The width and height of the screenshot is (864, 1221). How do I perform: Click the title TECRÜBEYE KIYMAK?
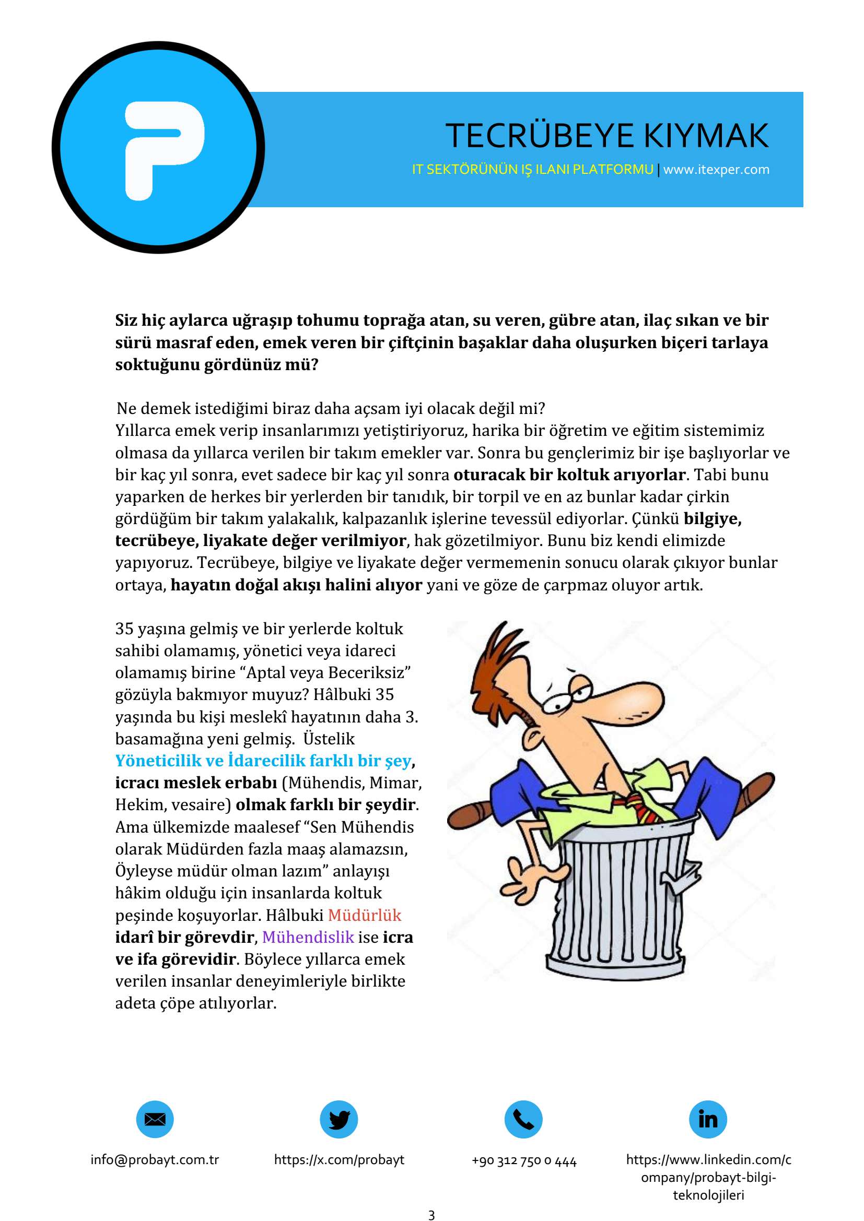[x=606, y=136]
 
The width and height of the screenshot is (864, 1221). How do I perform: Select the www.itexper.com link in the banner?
[x=716, y=170]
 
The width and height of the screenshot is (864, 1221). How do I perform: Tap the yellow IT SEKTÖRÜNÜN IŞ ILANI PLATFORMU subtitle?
[x=532, y=170]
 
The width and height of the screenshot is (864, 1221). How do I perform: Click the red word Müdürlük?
[x=365, y=915]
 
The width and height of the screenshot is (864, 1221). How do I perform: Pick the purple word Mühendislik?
[x=308, y=937]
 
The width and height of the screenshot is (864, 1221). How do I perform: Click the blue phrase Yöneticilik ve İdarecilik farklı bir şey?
[x=264, y=761]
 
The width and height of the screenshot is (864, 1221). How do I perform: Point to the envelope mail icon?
[x=155, y=1119]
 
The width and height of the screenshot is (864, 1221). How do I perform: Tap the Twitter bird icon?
[x=339, y=1119]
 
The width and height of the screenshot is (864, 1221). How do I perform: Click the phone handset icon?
[x=523, y=1119]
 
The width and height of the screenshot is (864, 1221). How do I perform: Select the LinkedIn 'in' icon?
[x=708, y=1119]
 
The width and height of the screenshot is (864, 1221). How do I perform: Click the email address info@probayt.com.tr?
[x=155, y=1159]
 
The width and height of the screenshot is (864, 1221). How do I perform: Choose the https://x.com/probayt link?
[x=339, y=1159]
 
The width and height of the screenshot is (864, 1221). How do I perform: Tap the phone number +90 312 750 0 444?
[x=524, y=1160]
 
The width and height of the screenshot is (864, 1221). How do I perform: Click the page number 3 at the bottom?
[x=431, y=1215]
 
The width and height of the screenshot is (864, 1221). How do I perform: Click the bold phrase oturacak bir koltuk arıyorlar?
[x=569, y=475]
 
